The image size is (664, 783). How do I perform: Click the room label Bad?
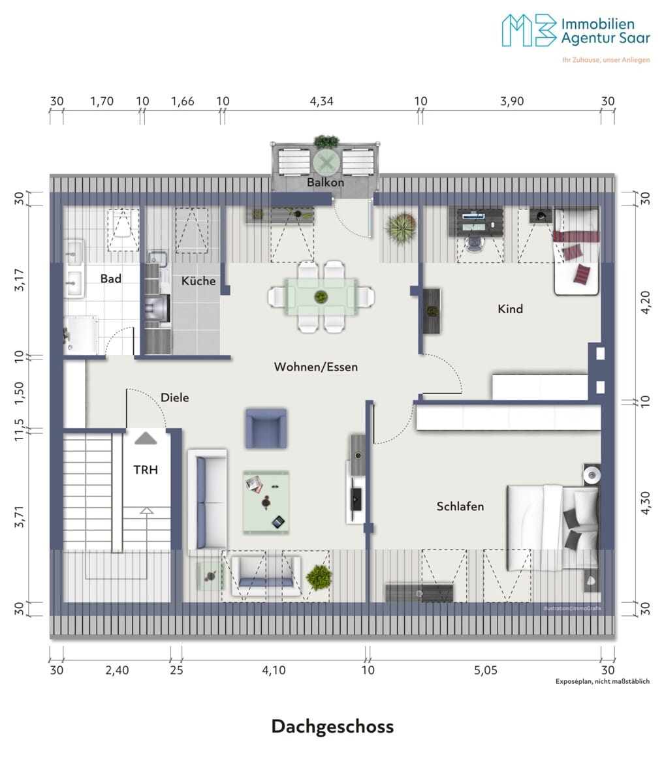[111, 279]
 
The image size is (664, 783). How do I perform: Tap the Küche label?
[198, 281]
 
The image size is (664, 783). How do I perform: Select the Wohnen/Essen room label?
[316, 367]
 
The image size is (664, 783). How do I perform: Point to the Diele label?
[175, 397]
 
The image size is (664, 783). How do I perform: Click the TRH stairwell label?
[146, 470]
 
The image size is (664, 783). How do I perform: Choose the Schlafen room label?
[460, 506]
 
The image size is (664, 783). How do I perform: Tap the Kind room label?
[510, 309]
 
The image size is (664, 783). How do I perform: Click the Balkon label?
[326, 182]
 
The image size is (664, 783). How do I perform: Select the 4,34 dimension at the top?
[321, 101]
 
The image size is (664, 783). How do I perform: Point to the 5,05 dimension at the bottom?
[486, 671]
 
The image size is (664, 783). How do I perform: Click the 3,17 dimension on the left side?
[20, 280]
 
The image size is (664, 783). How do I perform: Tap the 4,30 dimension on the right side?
[646, 503]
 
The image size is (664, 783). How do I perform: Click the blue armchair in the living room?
[266, 428]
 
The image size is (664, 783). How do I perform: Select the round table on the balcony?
[326, 163]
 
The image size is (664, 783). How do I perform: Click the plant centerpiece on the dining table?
[321, 297]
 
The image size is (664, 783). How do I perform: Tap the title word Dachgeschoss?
[332, 726]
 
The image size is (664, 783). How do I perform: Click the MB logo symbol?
[530, 30]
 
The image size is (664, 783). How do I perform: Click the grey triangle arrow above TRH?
[146, 438]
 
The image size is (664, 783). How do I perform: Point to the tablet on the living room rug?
[278, 522]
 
